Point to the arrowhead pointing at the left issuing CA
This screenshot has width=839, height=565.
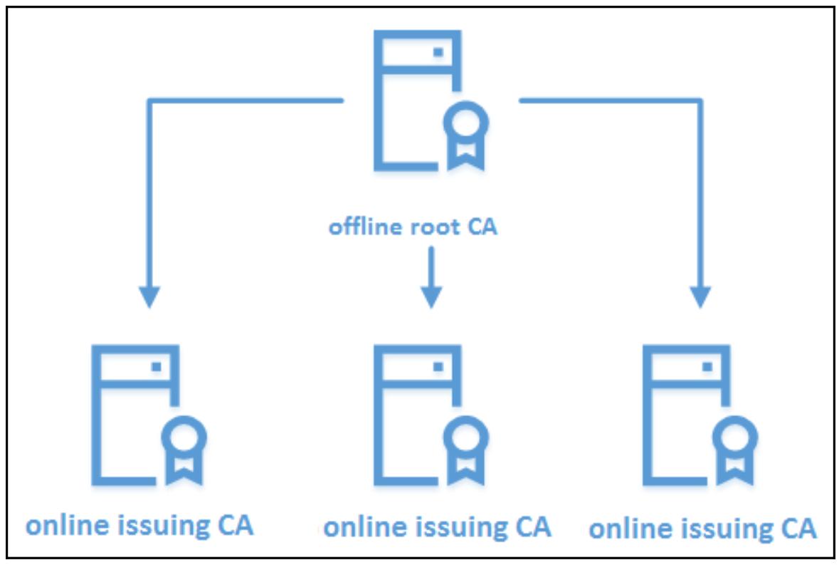point(149,296)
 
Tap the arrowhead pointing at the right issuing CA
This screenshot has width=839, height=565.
point(700,296)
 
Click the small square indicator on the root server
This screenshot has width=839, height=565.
point(438,52)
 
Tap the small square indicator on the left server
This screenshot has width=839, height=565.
point(157,366)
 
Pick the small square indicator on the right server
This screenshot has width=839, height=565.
point(707,366)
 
